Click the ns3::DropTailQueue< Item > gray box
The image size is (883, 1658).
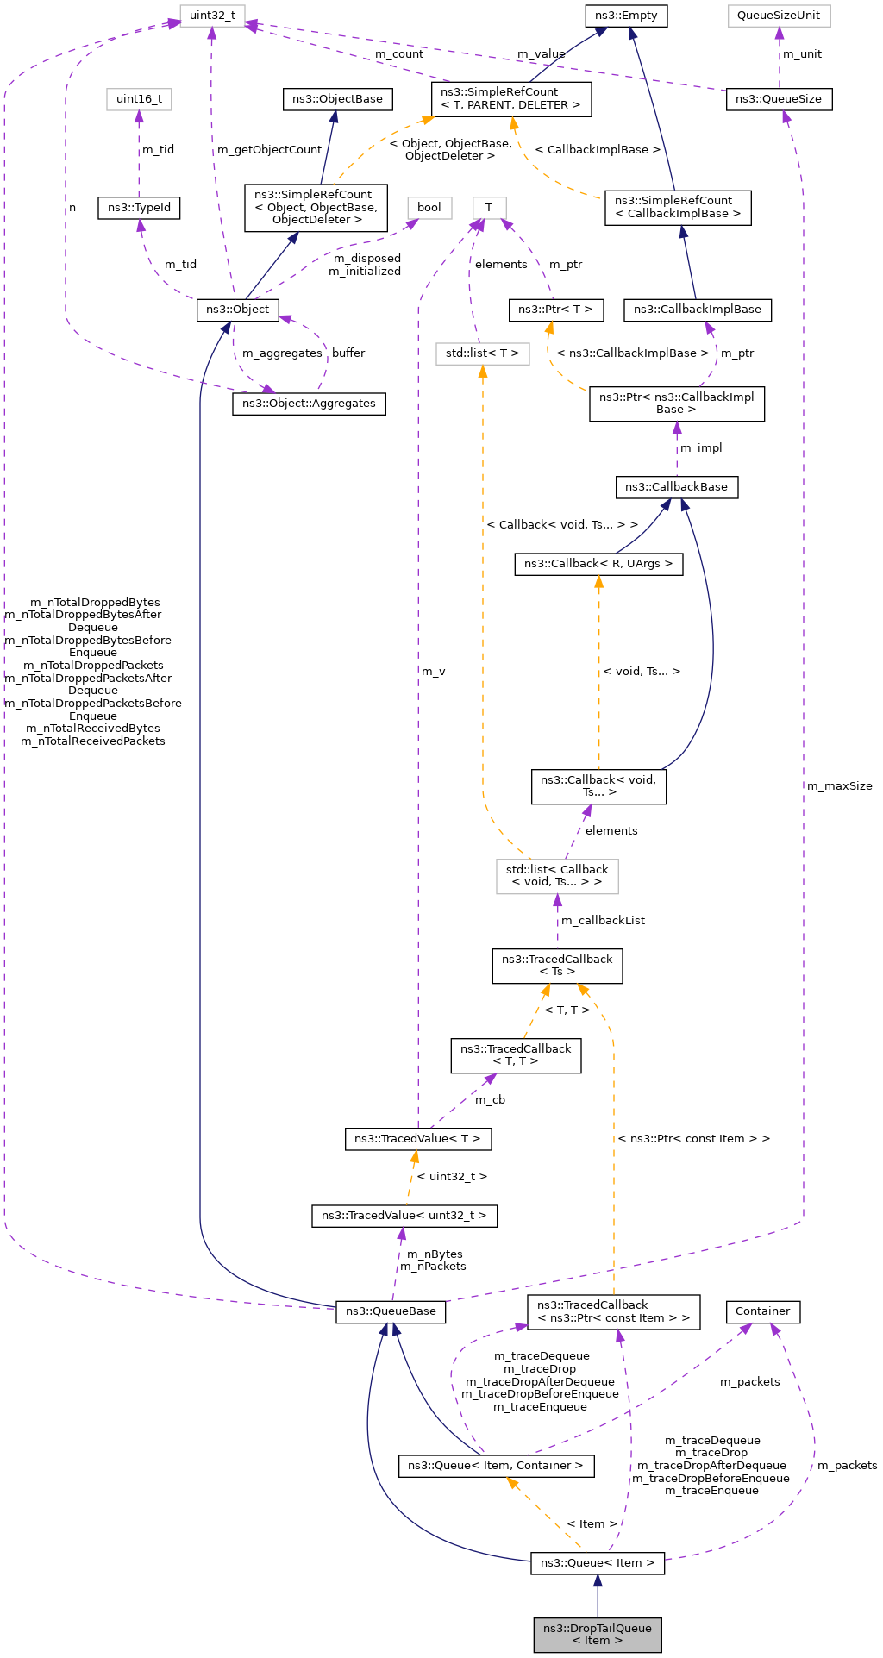[597, 1634]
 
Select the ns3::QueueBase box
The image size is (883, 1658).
[391, 1311]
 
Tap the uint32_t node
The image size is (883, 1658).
[212, 16]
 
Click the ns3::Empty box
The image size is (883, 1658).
[625, 16]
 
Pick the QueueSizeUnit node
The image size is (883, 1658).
[778, 16]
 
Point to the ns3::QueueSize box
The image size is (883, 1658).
[779, 99]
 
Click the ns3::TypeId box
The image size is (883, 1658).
[139, 208]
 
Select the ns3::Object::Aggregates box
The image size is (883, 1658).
[309, 403]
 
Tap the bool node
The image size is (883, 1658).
[429, 207]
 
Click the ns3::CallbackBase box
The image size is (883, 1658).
[676, 486]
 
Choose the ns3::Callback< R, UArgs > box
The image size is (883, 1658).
[598, 564]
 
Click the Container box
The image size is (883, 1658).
[762, 1311]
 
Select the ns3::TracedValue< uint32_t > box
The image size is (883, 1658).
[404, 1216]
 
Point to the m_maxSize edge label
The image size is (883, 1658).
[839, 785]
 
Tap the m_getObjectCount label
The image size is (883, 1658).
[269, 149]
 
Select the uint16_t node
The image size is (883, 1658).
[139, 99]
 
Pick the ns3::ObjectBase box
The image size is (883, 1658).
[337, 99]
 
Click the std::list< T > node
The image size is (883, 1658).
[482, 353]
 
